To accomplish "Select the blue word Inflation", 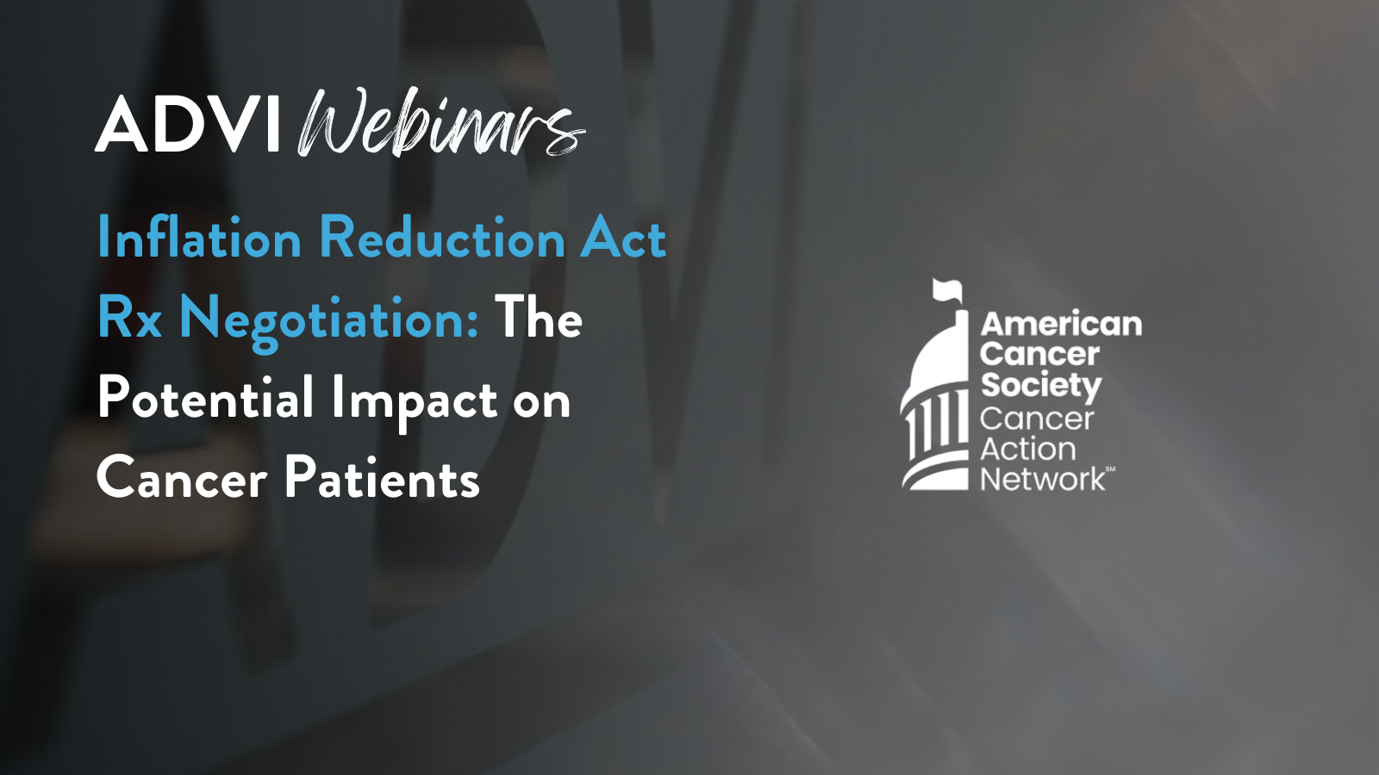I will point(199,238).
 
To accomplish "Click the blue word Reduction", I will point(442,238).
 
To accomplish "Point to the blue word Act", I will point(623,238).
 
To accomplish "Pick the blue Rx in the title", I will point(130,318).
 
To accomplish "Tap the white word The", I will point(539,317).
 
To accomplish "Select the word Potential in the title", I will point(206,400).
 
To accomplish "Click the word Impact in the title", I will point(415,401).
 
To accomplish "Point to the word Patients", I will point(382,479).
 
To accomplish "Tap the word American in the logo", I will point(1061,325).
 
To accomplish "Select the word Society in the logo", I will point(1041,386).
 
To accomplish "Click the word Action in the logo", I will point(1028,449).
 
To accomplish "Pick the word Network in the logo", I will point(1043,480).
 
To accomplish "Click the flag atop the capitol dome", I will point(947,289).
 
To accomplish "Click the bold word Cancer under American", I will point(1039,355).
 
